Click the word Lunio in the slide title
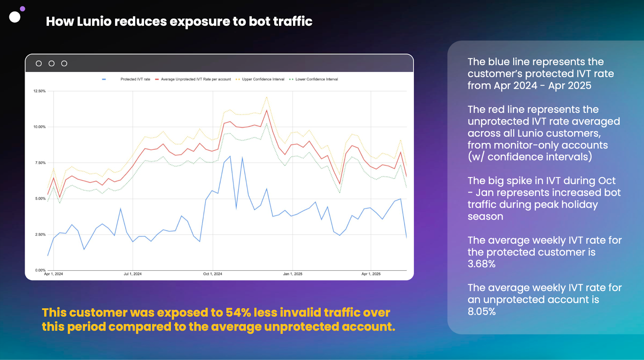pos(94,21)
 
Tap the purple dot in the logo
pos(23,9)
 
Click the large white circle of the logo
pos(14,17)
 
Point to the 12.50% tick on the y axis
pos(39,91)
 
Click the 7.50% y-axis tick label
pos(40,163)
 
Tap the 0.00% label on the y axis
pos(40,270)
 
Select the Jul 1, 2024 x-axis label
pos(132,274)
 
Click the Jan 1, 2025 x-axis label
pos(293,274)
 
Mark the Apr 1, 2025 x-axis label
pos(371,274)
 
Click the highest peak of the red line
pos(267,110)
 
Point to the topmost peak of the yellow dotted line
pos(267,97)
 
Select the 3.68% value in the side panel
pos(481,264)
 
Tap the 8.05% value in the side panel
pos(481,311)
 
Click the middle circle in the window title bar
pos(52,64)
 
